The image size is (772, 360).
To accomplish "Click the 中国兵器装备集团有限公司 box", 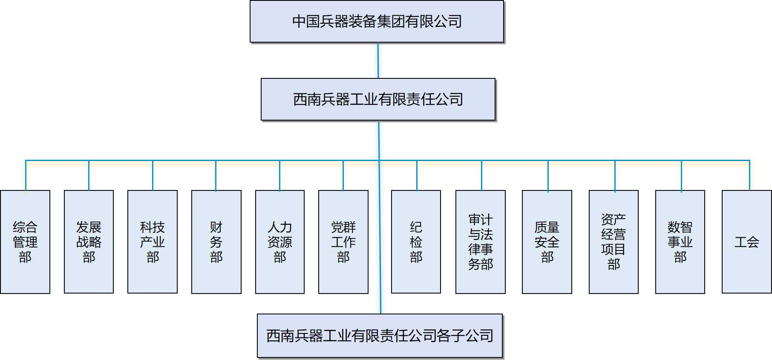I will (x=377, y=21).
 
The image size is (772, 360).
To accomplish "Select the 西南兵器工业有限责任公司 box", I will (x=378, y=99).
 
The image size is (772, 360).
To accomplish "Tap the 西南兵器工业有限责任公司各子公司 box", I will (x=380, y=336).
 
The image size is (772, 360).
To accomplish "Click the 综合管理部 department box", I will (x=25, y=242).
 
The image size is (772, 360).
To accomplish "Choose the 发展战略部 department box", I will (x=89, y=242).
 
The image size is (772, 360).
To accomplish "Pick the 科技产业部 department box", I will (x=153, y=242).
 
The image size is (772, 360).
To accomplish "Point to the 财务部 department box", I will (x=216, y=242).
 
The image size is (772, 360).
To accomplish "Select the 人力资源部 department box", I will (x=280, y=242).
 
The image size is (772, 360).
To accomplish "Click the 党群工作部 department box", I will (x=343, y=242).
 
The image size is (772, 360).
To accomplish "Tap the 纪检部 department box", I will (x=416, y=242).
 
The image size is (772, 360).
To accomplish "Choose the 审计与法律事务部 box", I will (x=481, y=242).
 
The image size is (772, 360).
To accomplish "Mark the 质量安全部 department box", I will (x=547, y=242).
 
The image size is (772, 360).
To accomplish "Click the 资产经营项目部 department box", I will (x=614, y=242).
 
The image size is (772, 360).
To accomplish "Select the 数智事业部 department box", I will (x=680, y=242).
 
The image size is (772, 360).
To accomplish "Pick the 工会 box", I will (x=747, y=242).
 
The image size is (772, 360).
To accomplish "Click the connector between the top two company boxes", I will (x=378, y=60).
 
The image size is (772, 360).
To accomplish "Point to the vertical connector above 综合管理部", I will (x=26, y=176).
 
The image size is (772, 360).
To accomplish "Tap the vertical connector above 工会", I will (x=749, y=176).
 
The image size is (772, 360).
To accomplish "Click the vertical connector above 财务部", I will (x=216, y=176).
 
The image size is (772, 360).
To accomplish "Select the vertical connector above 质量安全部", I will (x=548, y=176).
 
